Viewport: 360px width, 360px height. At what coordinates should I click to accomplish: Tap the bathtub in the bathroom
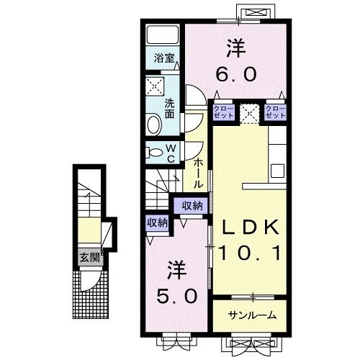tap(161, 37)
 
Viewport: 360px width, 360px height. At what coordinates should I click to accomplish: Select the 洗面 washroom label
tap(170, 108)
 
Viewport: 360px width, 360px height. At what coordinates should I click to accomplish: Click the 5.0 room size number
tap(177, 294)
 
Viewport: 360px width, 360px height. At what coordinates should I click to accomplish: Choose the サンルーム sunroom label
tap(252, 316)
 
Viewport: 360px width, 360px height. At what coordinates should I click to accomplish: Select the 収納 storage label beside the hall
tap(192, 206)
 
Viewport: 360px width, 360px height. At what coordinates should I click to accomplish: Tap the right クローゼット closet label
tap(275, 112)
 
